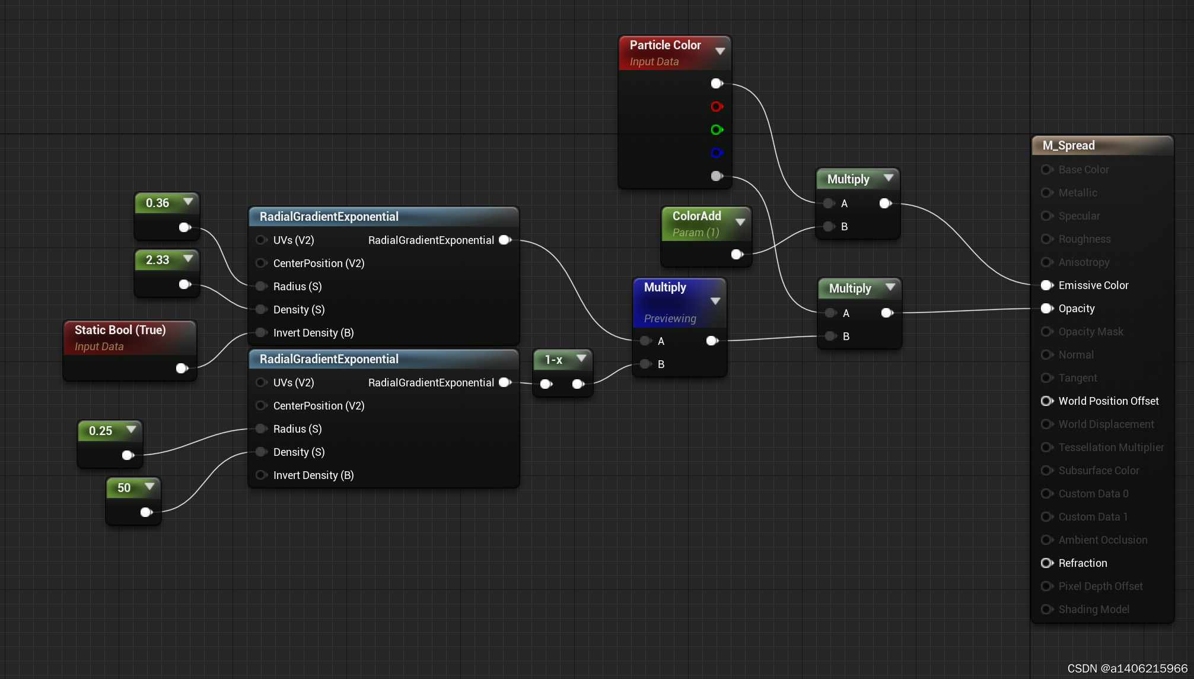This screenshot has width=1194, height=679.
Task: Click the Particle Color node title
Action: [665, 45]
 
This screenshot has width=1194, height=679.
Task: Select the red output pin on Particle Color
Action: [717, 107]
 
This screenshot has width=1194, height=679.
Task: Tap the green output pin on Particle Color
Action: [717, 130]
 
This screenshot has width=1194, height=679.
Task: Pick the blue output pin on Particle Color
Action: [717, 153]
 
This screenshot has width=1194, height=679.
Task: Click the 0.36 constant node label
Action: [157, 203]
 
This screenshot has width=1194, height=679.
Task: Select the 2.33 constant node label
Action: [157, 260]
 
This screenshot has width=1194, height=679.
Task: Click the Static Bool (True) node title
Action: [120, 330]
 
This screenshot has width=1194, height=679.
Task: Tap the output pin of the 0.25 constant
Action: [127, 455]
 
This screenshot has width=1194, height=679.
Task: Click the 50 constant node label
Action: [123, 488]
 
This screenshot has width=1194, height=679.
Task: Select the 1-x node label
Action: [553, 360]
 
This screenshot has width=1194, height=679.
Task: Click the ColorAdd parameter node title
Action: [696, 216]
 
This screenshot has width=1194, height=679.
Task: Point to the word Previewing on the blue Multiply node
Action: [670, 319]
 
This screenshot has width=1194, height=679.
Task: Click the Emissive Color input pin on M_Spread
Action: [1047, 285]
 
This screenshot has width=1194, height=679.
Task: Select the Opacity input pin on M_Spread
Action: [1047, 309]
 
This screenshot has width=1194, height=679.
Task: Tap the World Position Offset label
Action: [1108, 401]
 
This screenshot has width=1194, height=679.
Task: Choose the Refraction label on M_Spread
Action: [1082, 563]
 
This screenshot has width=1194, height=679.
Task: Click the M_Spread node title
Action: [1068, 145]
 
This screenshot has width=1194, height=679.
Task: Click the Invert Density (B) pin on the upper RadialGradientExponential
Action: [261, 333]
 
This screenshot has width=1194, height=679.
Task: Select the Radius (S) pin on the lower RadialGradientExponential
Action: [261, 429]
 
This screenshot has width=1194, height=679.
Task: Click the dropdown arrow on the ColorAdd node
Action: [740, 222]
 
